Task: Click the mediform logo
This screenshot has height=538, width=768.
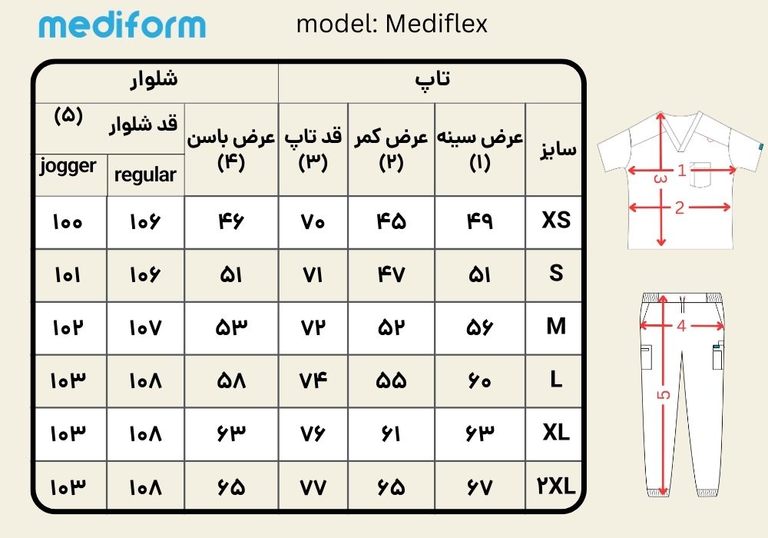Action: tap(122, 25)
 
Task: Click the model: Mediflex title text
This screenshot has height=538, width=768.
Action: tap(392, 24)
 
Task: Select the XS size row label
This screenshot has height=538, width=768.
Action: tap(556, 220)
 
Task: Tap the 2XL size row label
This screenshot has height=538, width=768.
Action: tap(556, 486)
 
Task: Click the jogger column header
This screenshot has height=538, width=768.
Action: tap(68, 166)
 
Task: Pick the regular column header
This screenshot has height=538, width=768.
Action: tap(145, 174)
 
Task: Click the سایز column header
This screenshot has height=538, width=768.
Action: tap(558, 149)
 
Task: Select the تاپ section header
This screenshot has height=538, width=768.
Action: tap(432, 79)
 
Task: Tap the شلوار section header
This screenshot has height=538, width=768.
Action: tap(154, 79)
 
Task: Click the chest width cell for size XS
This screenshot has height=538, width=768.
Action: tap(479, 221)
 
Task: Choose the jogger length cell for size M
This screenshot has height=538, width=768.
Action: tap(68, 328)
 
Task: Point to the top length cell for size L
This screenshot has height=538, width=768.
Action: tap(313, 380)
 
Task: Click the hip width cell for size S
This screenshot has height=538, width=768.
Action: tap(230, 275)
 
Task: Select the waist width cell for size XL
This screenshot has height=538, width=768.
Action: tap(391, 433)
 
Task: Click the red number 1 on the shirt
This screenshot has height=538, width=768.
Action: tap(681, 170)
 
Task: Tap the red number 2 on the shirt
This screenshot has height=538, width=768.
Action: tap(679, 208)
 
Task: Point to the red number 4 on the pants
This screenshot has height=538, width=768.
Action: tap(681, 325)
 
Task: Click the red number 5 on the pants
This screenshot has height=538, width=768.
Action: tap(664, 394)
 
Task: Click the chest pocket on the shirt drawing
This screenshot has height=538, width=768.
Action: tap(700, 174)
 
